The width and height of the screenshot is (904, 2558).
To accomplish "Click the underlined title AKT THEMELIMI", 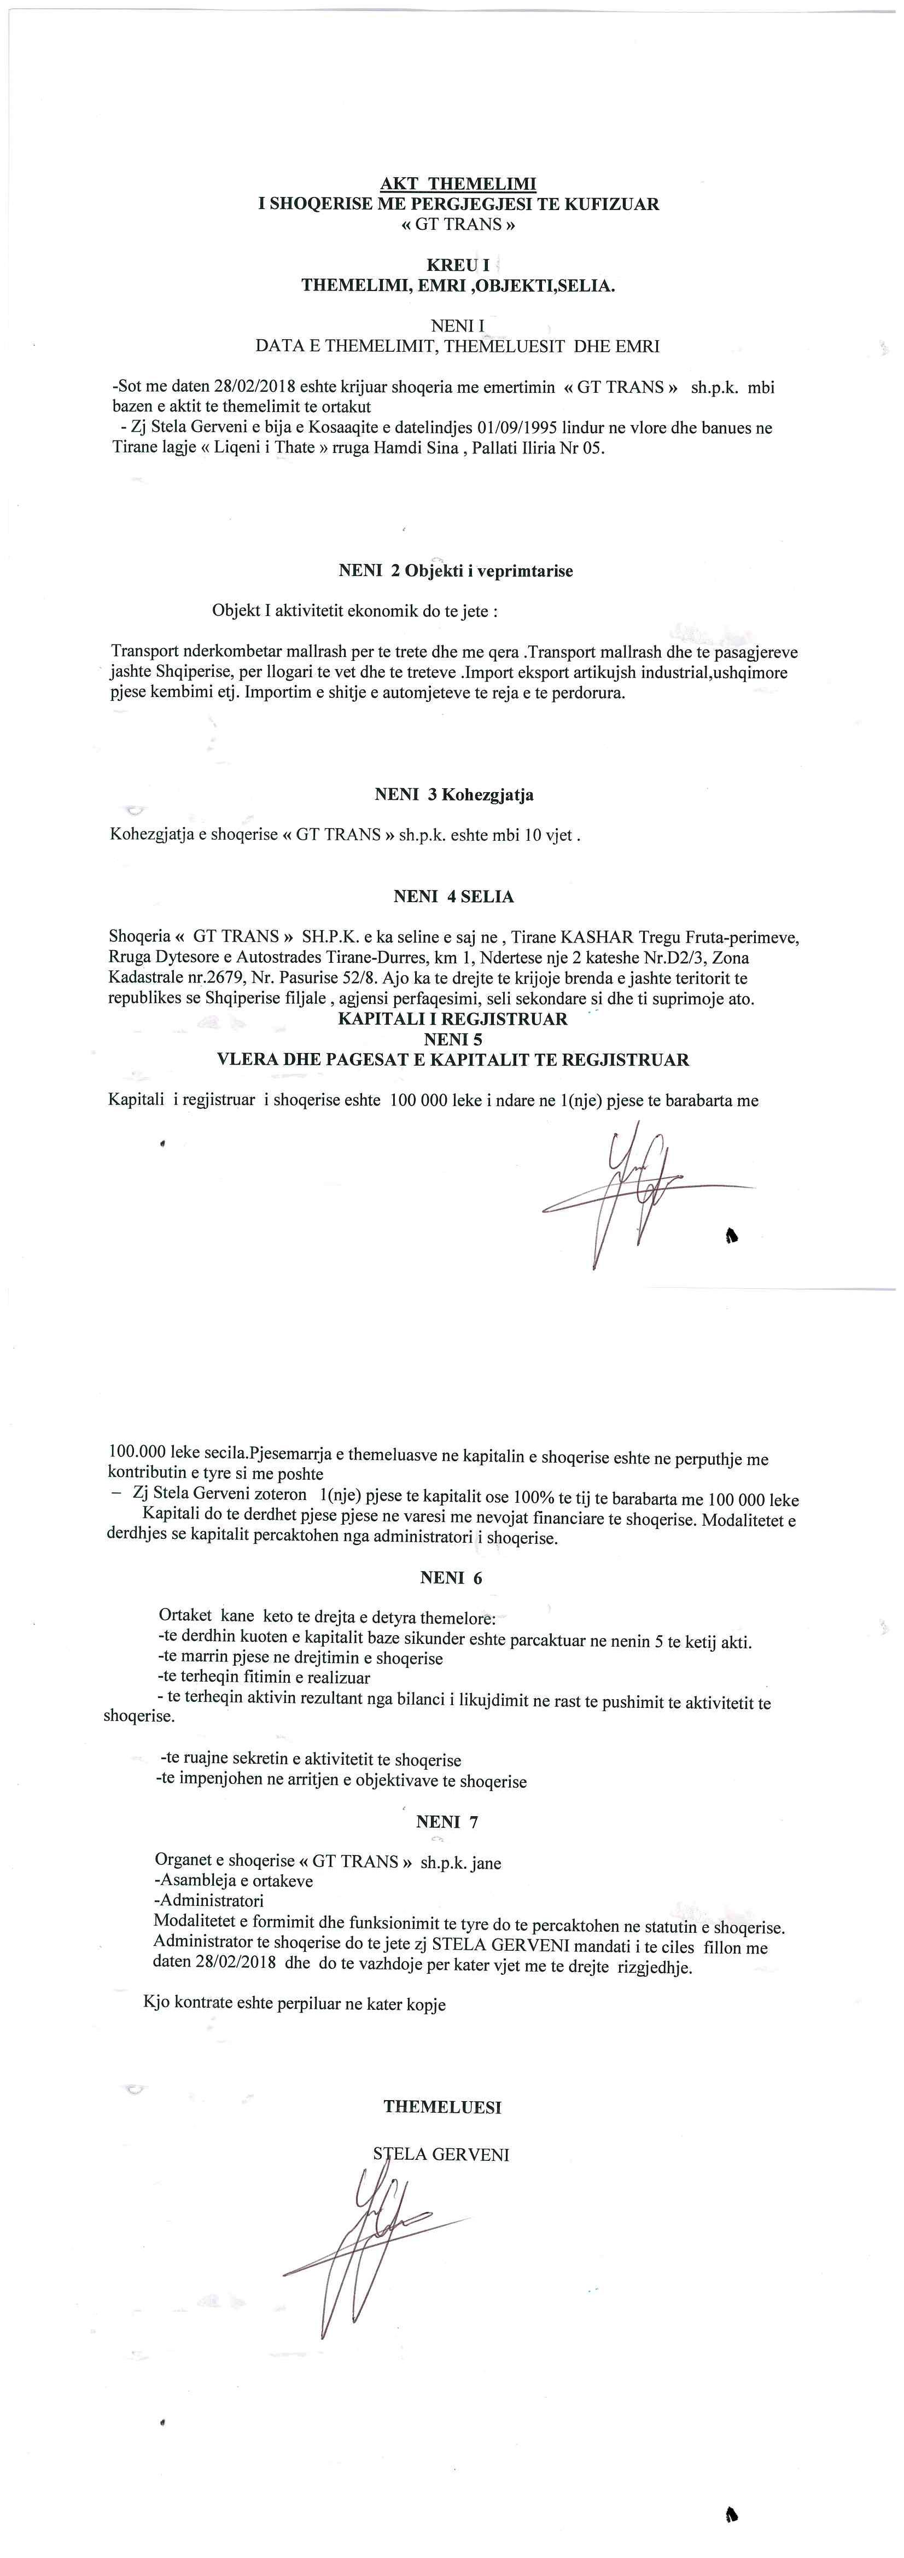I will [x=458, y=184].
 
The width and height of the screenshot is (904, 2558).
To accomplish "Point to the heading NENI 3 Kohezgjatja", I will [x=453, y=794].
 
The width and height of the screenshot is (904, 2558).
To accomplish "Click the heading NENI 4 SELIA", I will [x=453, y=897].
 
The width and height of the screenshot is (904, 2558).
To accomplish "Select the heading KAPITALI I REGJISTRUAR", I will [x=452, y=1019].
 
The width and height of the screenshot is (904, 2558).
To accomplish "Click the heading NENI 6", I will [x=452, y=1578].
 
